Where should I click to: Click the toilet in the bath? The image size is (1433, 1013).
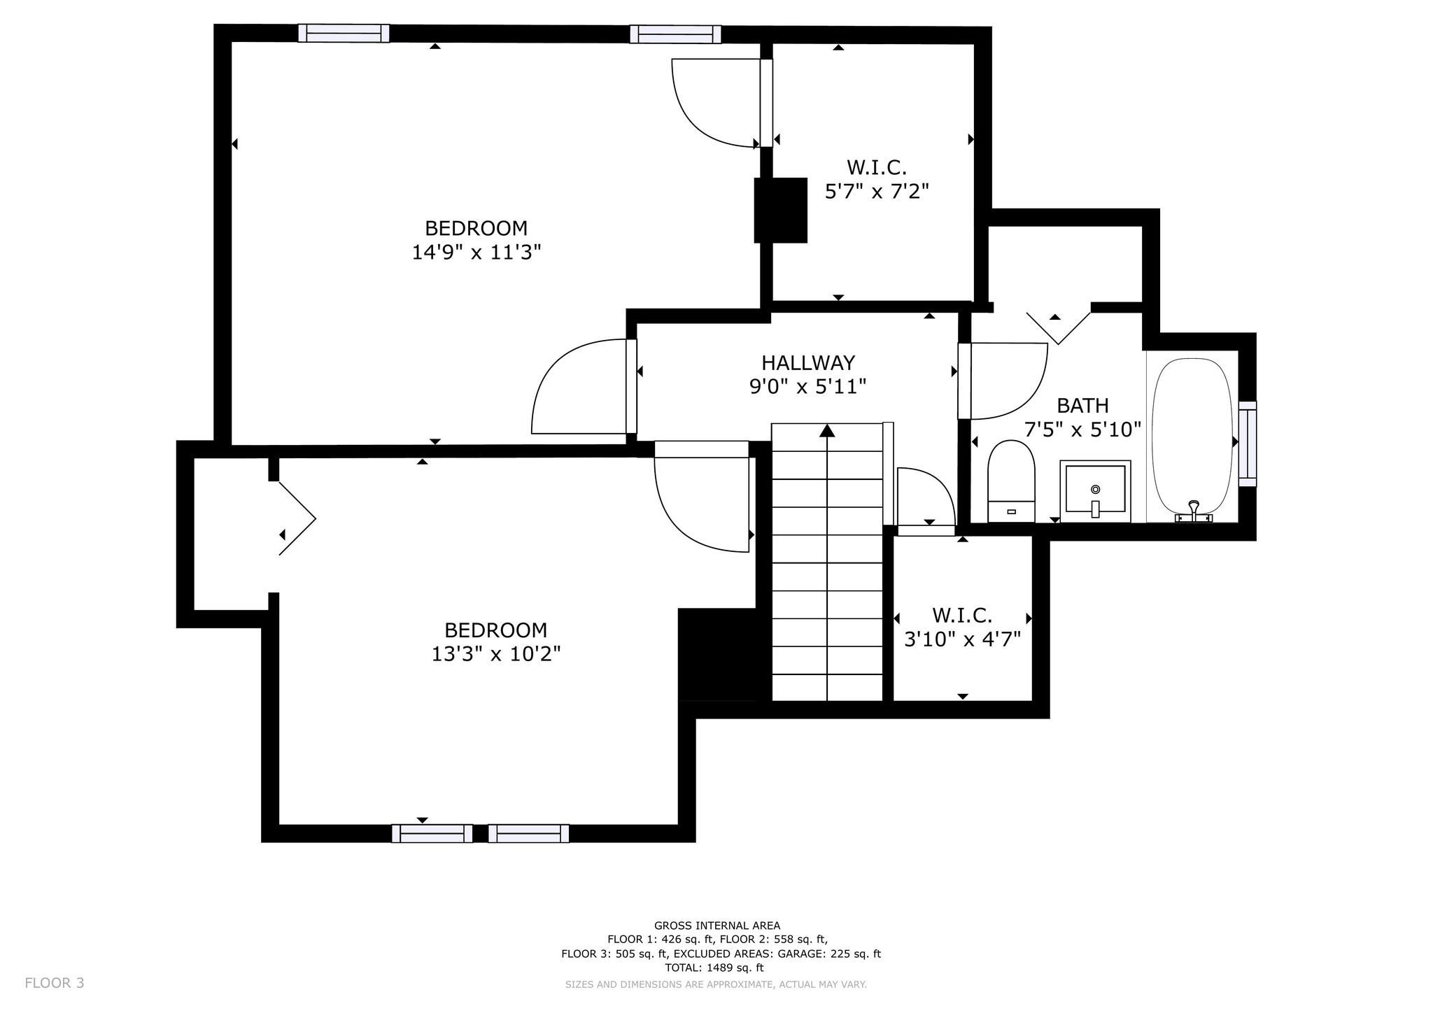tap(1011, 481)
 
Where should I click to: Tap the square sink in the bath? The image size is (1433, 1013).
tap(1095, 491)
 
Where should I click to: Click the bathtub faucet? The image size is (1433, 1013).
tap(1194, 512)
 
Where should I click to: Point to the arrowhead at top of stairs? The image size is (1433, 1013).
tap(827, 430)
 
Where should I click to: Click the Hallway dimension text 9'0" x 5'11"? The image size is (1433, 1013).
tap(808, 386)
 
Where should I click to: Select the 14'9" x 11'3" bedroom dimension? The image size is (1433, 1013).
tap(477, 252)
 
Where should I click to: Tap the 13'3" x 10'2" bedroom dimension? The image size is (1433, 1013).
tap(496, 654)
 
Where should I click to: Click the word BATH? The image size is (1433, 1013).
tap(1082, 406)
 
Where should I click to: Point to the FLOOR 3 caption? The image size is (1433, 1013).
tap(55, 983)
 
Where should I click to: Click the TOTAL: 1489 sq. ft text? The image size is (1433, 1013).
tap(714, 968)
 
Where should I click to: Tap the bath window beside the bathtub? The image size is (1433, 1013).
tap(1248, 444)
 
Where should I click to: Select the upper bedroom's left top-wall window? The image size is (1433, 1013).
tap(344, 33)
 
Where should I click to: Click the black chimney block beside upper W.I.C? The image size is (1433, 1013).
tap(781, 211)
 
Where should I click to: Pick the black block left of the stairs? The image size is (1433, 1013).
tap(717, 655)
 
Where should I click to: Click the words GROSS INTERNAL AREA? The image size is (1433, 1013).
tap(717, 926)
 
